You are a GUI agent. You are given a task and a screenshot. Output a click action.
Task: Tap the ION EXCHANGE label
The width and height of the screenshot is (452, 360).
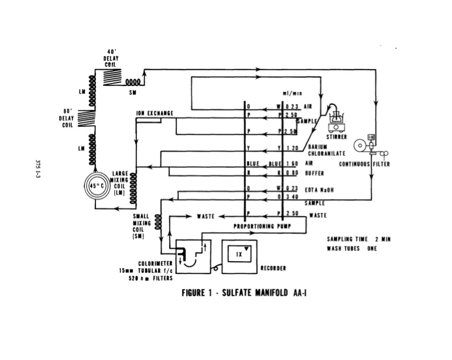[155, 113]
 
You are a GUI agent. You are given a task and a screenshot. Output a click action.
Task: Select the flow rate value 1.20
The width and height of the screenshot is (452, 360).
[292, 149]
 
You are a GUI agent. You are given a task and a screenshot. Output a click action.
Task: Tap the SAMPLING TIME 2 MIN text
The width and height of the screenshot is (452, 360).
[357, 239]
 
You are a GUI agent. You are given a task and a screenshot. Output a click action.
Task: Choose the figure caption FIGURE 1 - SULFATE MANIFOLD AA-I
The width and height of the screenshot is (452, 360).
[245, 293]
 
